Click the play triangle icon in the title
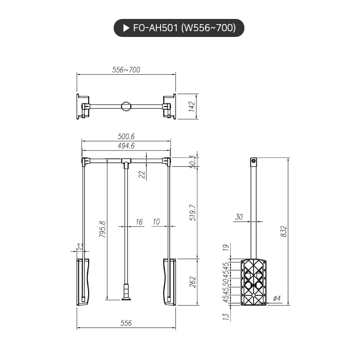126,28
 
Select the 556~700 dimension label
126,70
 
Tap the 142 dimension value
192,106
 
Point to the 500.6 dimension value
126,136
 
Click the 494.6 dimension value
126,146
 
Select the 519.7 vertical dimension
192,213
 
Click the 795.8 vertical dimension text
102,229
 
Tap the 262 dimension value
192,282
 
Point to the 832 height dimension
283,231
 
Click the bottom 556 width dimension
126,323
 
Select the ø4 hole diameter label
278,299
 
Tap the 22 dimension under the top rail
141,174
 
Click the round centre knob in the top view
126,106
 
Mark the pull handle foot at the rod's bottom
126,297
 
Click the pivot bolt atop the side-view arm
254,162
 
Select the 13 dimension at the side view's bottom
226,315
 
